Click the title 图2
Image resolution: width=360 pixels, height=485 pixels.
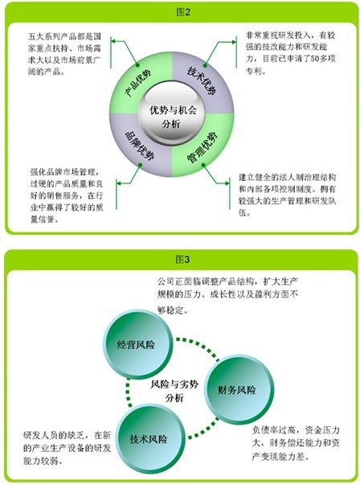pyautogui.click(x=183, y=12)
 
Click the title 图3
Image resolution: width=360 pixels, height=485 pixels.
pyautogui.click(x=183, y=259)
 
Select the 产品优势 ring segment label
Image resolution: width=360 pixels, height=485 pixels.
pyautogui.click(x=138, y=83)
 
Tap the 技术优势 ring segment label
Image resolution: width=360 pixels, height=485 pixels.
pyautogui.click(x=202, y=80)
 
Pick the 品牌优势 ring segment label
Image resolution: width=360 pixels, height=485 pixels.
pyautogui.click(x=139, y=146)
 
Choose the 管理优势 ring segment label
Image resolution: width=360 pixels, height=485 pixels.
pyautogui.click(x=202, y=148)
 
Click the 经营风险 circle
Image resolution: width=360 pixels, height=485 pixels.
pyautogui.click(x=137, y=344)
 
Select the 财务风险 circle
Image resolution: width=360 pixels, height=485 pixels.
pyautogui.click(x=239, y=389)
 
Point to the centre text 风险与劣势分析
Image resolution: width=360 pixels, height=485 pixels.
pyautogui.click(x=174, y=391)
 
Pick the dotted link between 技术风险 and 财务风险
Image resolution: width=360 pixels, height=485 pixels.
pyautogui.click(x=203, y=430)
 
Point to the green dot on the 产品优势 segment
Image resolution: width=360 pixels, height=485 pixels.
pyautogui.click(x=137, y=65)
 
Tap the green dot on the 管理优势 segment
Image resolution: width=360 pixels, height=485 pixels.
pyautogui.click(x=203, y=165)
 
